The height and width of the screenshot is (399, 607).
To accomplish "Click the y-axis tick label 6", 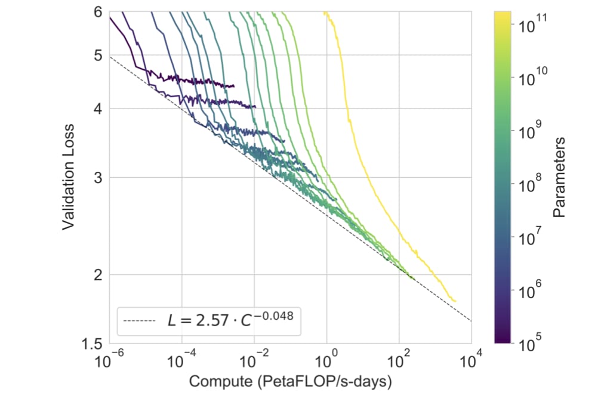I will (x=98, y=12).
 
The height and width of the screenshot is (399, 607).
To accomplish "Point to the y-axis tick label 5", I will (x=98, y=55).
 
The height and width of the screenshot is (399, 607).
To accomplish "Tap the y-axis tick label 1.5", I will (x=93, y=343).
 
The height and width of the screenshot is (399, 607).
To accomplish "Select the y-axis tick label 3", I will (x=98, y=178).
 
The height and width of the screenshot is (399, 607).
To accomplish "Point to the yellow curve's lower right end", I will (x=456, y=301).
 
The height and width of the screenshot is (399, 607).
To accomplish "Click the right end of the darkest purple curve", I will (x=234, y=86).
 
